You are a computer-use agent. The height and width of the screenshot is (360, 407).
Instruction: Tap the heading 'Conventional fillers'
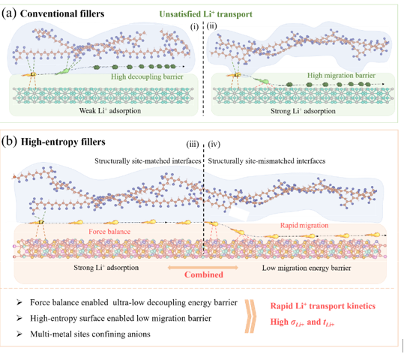(x=62, y=13)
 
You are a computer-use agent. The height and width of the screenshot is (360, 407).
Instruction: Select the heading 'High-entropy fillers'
(x=63, y=142)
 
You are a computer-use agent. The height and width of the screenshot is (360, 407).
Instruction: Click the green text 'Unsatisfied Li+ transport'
(x=206, y=14)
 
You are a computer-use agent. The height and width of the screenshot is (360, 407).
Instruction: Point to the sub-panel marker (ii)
(x=212, y=25)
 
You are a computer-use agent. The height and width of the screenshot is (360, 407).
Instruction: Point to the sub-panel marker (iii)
(x=193, y=144)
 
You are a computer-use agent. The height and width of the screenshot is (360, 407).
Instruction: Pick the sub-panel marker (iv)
(x=214, y=144)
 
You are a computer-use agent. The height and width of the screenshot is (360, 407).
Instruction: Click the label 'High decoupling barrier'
(x=147, y=76)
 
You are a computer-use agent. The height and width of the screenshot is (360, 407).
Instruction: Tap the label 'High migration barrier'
(x=341, y=75)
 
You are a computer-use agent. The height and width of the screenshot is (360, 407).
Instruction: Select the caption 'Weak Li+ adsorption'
(x=110, y=111)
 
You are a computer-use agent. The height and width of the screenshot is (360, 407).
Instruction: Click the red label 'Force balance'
(x=109, y=232)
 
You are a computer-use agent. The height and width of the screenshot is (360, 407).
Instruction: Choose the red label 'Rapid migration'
(x=304, y=225)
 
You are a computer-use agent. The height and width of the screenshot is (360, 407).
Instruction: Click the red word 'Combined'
(x=204, y=274)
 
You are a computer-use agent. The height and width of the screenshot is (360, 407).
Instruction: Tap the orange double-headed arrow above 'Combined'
(x=203, y=267)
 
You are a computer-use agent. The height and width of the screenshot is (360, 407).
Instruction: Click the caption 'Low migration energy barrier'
(x=307, y=268)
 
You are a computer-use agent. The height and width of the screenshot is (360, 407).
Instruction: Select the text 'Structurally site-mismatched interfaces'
(x=267, y=161)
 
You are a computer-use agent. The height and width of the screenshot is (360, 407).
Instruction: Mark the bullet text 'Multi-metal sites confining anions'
(x=90, y=334)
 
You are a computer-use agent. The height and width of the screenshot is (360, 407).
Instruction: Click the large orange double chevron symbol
(x=250, y=316)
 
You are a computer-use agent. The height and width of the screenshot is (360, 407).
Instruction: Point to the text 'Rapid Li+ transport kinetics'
(x=323, y=306)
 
